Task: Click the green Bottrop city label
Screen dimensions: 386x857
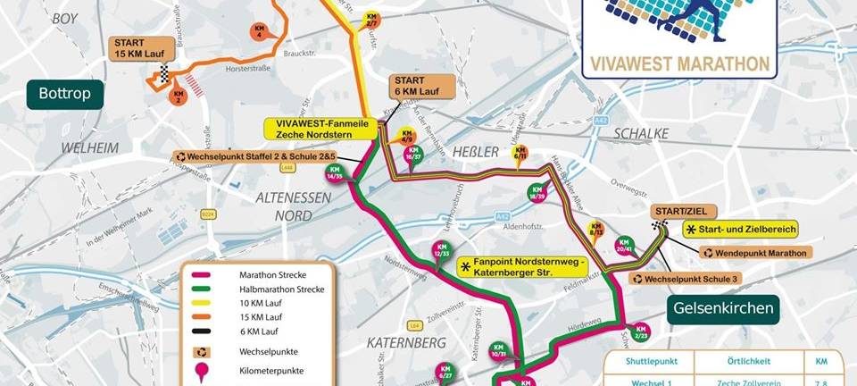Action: point(65,93)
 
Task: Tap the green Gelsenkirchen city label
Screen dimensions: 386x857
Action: point(723,310)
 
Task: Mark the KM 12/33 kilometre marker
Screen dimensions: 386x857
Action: point(441,250)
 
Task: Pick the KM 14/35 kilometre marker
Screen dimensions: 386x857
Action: point(336,172)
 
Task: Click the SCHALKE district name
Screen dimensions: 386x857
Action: point(641,133)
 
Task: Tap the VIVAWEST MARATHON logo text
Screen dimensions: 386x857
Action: point(677,63)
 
